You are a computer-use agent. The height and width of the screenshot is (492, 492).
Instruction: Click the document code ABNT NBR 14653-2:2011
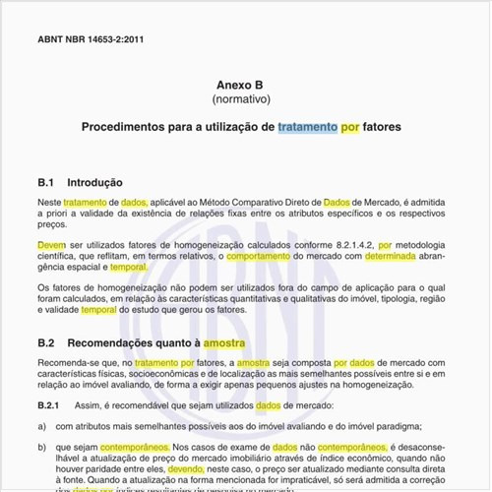pyautogui.click(x=91, y=40)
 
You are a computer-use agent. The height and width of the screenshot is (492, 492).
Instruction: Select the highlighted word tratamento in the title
pyautogui.click(x=307, y=128)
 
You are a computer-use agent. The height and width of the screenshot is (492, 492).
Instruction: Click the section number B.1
pyautogui.click(x=46, y=183)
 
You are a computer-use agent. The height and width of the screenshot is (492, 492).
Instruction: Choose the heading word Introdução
pyautogui.click(x=94, y=183)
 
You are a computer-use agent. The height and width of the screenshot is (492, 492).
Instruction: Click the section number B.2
pyautogui.click(x=46, y=343)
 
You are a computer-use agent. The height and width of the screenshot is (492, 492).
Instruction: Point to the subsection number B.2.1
pyautogui.click(x=49, y=405)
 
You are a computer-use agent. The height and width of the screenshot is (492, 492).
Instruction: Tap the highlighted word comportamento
pyautogui.click(x=264, y=255)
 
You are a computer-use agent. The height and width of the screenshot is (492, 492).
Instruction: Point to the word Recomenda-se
pyautogui.click(x=68, y=363)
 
